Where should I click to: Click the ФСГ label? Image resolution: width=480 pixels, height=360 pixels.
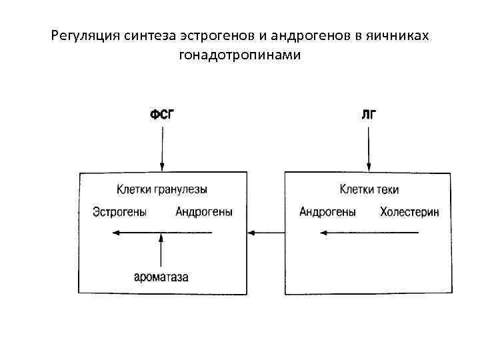(162, 114)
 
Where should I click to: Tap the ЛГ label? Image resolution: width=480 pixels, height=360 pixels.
(369, 114)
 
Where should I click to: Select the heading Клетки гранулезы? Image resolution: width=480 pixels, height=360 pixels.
(162, 190)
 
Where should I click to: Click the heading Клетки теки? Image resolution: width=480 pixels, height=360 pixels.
(369, 190)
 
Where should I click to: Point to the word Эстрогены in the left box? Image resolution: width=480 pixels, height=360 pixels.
(120, 213)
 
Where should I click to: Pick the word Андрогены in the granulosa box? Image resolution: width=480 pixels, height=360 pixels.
(204, 213)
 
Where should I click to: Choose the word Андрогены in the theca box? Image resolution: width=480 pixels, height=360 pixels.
(327, 213)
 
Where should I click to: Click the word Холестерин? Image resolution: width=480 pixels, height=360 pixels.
(409, 213)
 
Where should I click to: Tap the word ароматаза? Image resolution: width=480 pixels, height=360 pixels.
(161, 277)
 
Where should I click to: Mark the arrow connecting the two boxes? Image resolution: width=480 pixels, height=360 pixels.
(265, 233)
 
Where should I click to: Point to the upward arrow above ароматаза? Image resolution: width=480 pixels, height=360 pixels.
(161, 250)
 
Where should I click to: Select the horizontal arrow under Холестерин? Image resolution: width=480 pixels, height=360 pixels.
(369, 233)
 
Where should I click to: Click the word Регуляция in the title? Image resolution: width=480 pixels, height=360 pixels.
(85, 35)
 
